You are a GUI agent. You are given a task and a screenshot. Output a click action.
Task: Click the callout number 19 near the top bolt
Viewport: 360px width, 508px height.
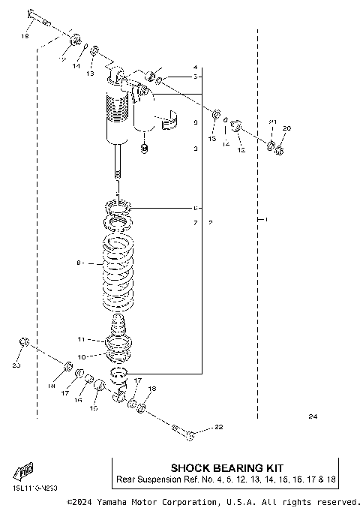coord(24,36)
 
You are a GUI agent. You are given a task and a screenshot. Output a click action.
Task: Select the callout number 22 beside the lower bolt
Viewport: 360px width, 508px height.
coord(219,428)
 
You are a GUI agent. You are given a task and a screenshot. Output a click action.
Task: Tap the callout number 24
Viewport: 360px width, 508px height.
coord(313,416)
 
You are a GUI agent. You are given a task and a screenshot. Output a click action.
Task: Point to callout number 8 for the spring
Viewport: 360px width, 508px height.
coord(78,263)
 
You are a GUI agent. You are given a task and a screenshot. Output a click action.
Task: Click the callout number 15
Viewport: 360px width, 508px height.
coord(94,408)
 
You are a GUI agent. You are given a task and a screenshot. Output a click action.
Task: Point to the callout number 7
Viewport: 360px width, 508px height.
coord(194,224)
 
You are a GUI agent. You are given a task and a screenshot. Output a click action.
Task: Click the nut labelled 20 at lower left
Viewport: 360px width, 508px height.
coord(23,343)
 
